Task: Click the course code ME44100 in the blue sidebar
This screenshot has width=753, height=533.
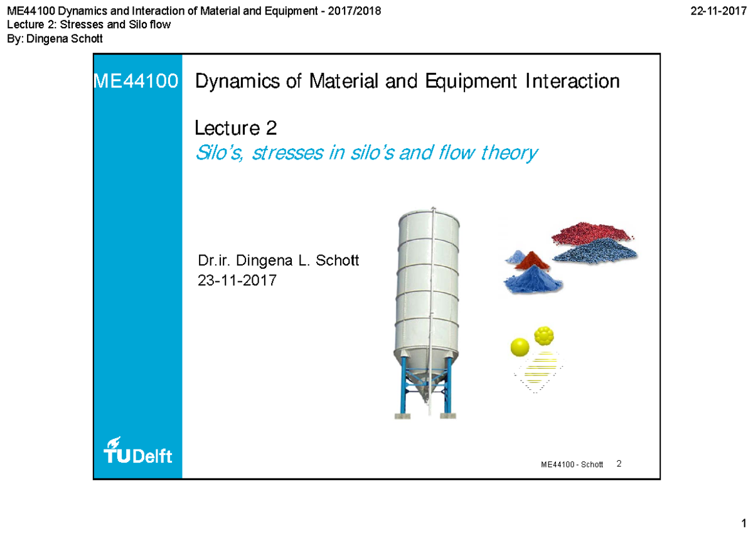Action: click(x=136, y=82)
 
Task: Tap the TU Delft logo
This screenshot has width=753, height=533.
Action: click(x=137, y=450)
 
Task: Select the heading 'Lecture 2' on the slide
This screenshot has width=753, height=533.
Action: click(x=236, y=129)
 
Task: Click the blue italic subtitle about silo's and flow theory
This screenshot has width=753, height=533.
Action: click(x=366, y=153)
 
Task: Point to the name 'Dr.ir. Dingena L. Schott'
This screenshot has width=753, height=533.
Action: click(x=278, y=261)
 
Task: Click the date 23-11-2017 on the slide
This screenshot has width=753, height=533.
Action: click(x=237, y=281)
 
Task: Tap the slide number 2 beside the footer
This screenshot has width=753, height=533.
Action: click(x=619, y=464)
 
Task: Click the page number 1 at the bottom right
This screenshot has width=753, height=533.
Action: click(x=743, y=522)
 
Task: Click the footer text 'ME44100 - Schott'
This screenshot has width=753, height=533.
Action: click(x=572, y=465)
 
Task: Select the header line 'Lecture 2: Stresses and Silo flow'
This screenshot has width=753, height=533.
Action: click(x=88, y=25)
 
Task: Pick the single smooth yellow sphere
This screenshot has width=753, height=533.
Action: click(x=520, y=347)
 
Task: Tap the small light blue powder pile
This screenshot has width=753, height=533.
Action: click(x=516, y=256)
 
